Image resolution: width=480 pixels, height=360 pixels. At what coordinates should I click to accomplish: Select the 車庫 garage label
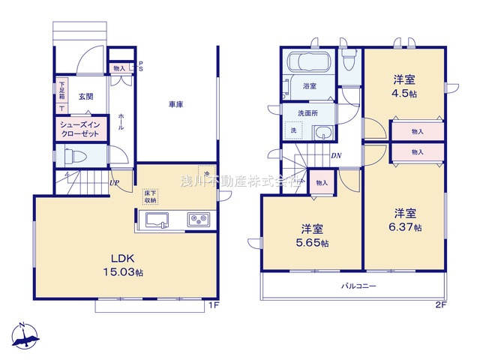[x=176, y=105]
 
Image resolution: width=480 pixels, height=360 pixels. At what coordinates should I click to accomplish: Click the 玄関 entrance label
[x=85, y=96]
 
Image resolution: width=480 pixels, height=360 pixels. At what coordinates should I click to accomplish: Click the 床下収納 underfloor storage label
[x=150, y=196]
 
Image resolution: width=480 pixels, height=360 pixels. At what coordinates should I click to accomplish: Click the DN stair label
[x=337, y=157]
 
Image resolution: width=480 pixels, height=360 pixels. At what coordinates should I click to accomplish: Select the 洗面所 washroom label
[x=308, y=112]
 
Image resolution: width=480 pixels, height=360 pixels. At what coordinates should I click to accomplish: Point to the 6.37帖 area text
[x=402, y=227]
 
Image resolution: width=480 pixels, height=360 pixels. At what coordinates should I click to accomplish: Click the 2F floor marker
[x=440, y=304]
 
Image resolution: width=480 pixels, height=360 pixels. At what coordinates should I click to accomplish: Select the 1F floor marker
[x=213, y=304]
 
